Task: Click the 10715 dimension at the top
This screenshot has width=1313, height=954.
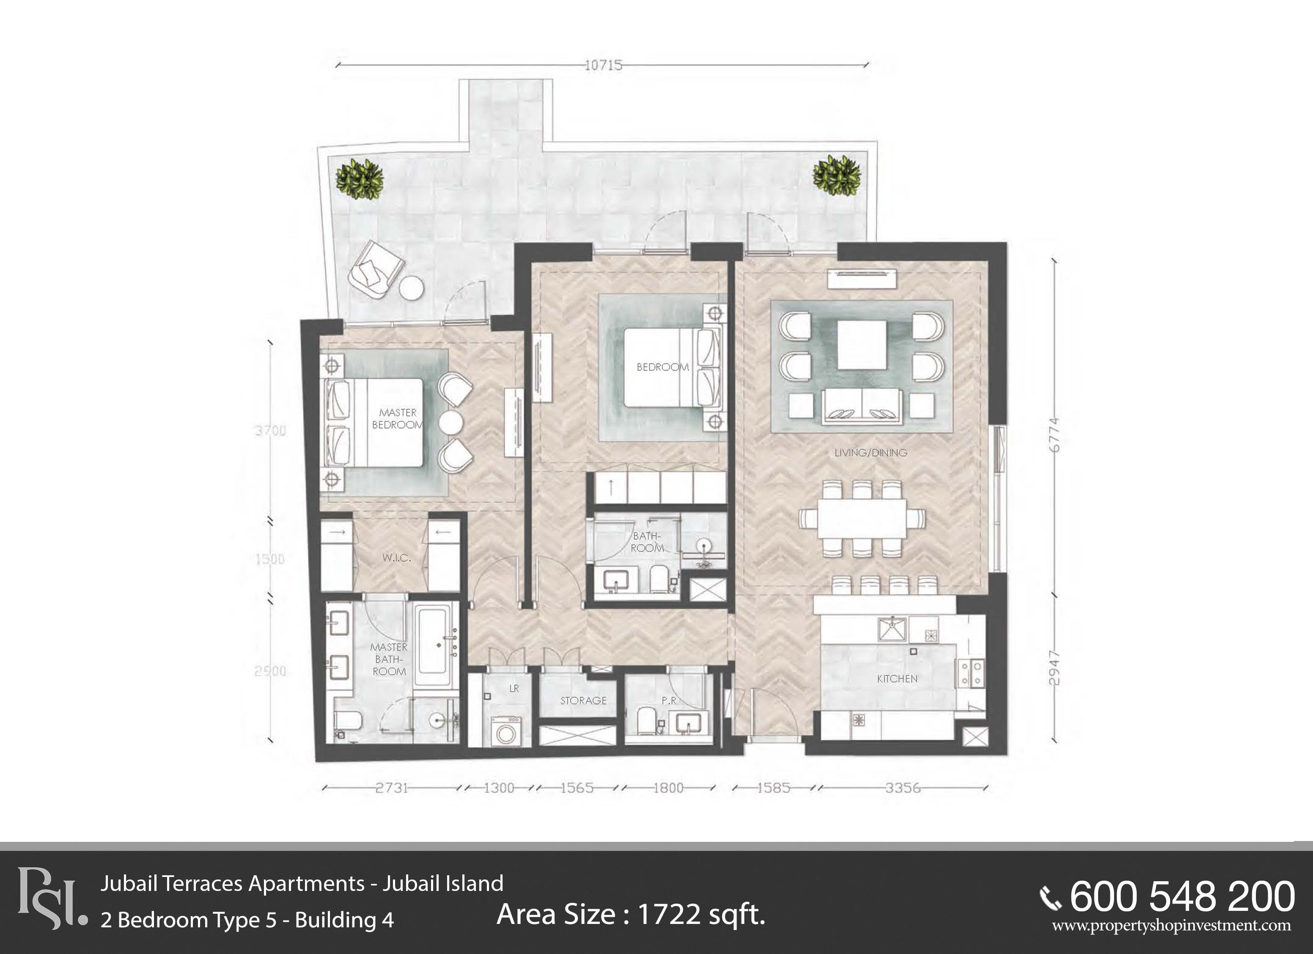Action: click(x=603, y=65)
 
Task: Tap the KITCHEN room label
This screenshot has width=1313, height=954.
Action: click(x=897, y=678)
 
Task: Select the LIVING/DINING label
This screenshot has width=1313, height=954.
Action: click(x=870, y=452)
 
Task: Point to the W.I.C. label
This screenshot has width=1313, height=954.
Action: click(x=396, y=558)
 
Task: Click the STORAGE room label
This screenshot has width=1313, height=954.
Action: click(x=583, y=700)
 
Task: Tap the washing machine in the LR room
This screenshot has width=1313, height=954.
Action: click(x=506, y=731)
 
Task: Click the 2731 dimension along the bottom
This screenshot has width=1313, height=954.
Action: click(x=392, y=788)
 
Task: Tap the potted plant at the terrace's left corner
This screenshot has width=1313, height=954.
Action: click(x=360, y=179)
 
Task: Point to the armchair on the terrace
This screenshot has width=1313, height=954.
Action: click(x=375, y=270)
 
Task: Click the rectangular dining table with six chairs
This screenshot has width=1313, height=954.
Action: click(x=862, y=518)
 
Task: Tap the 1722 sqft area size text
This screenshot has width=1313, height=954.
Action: click(x=631, y=915)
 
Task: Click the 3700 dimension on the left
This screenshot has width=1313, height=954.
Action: click(x=270, y=431)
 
